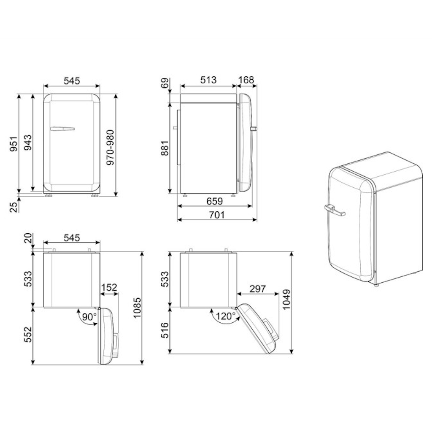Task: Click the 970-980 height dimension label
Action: (x=110, y=148)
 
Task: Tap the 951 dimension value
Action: (x=13, y=143)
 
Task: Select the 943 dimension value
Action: (x=27, y=143)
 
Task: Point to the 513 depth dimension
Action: (x=208, y=80)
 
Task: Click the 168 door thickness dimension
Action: (x=246, y=80)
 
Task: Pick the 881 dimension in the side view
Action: (x=165, y=148)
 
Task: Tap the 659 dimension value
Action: (x=215, y=201)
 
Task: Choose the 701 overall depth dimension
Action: (x=216, y=214)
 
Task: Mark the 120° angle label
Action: (x=226, y=316)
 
